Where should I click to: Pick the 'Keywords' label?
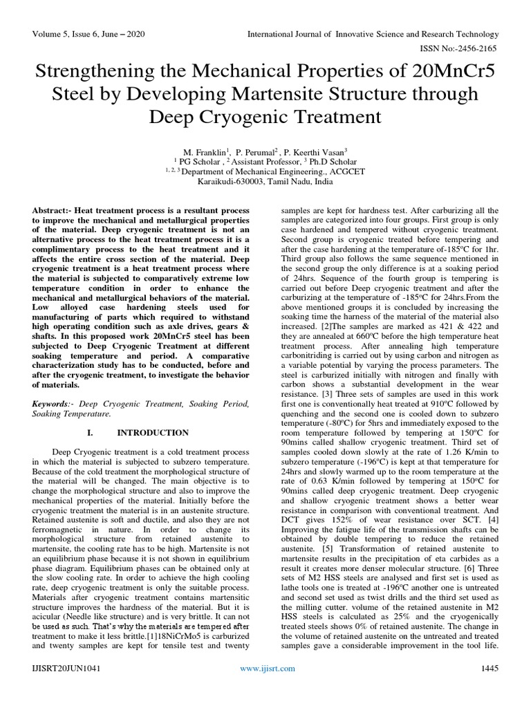[x=53, y=403]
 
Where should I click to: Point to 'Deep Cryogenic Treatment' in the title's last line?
[x=265, y=115]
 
